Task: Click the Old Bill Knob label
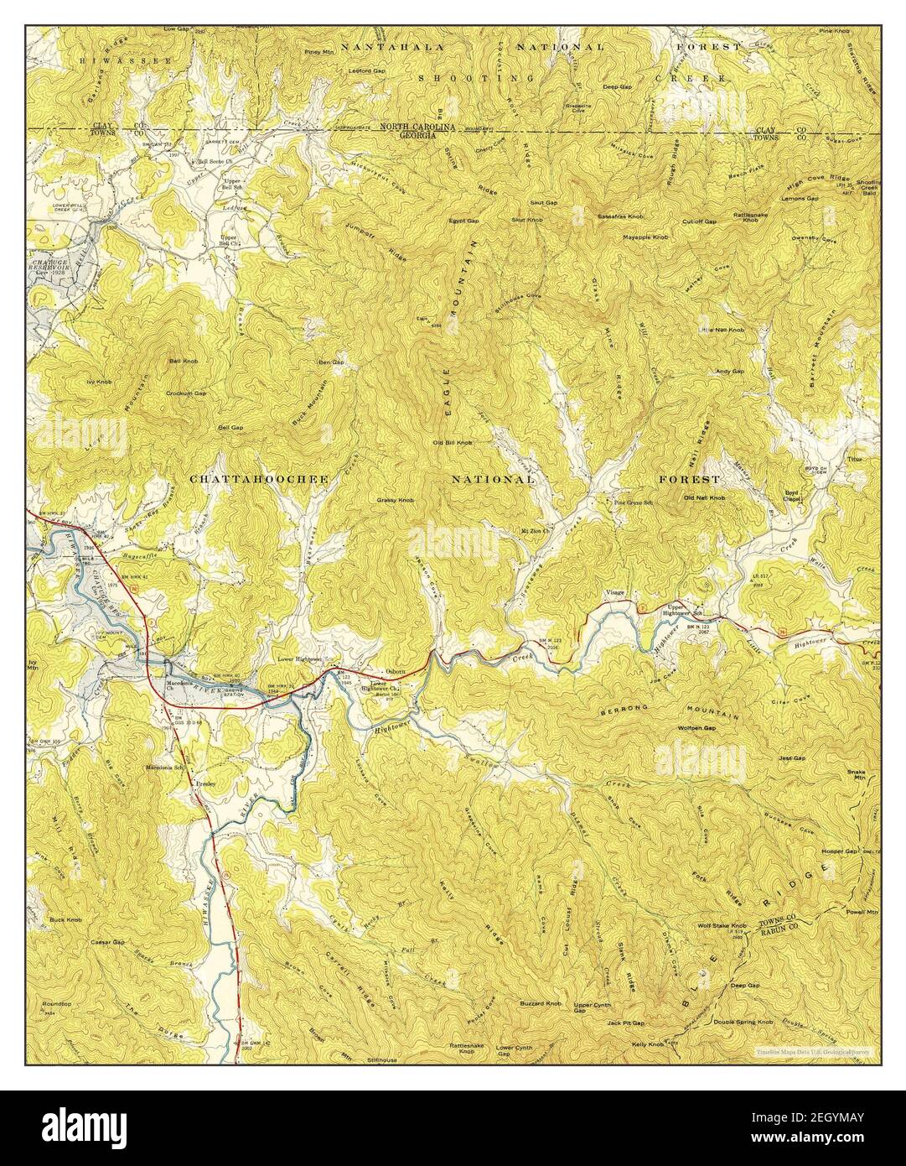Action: click(452, 442)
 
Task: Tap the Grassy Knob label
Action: click(396, 500)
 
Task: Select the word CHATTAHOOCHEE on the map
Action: click(258, 479)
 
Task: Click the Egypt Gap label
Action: click(462, 221)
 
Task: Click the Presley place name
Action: click(205, 783)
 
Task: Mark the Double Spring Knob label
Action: click(743, 1022)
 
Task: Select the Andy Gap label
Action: click(729, 371)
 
